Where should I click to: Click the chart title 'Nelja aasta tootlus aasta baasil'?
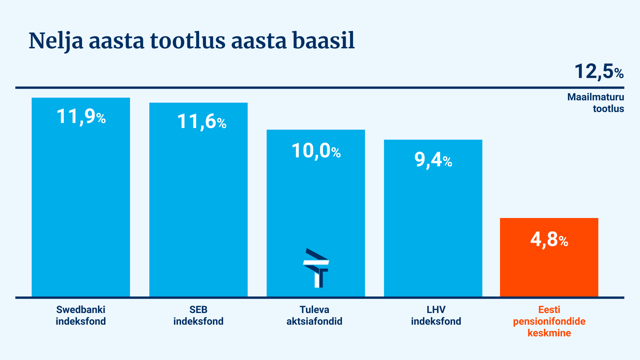coord(192,41)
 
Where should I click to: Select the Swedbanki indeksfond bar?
coord(81,197)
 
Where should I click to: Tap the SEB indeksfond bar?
coord(198,200)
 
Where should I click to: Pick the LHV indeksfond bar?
coord(433,218)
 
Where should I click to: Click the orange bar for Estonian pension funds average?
coord(549,257)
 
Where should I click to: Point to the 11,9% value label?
coord(81,117)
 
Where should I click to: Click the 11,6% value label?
coord(202,121)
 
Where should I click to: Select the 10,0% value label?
coord(316,151)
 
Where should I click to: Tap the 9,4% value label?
coord(433,160)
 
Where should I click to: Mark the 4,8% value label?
coord(549,239)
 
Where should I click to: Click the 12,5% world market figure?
coord(599,72)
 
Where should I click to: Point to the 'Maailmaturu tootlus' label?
coord(596,103)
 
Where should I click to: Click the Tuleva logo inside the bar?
coord(316,268)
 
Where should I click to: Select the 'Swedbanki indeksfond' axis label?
coord(81,315)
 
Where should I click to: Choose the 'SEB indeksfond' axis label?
coord(198,315)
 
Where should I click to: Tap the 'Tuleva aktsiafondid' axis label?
coord(314,315)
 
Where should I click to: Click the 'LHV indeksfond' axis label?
coord(436,315)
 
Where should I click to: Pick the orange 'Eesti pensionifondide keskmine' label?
coord(549,321)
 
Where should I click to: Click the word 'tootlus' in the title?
coord(188,41)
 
